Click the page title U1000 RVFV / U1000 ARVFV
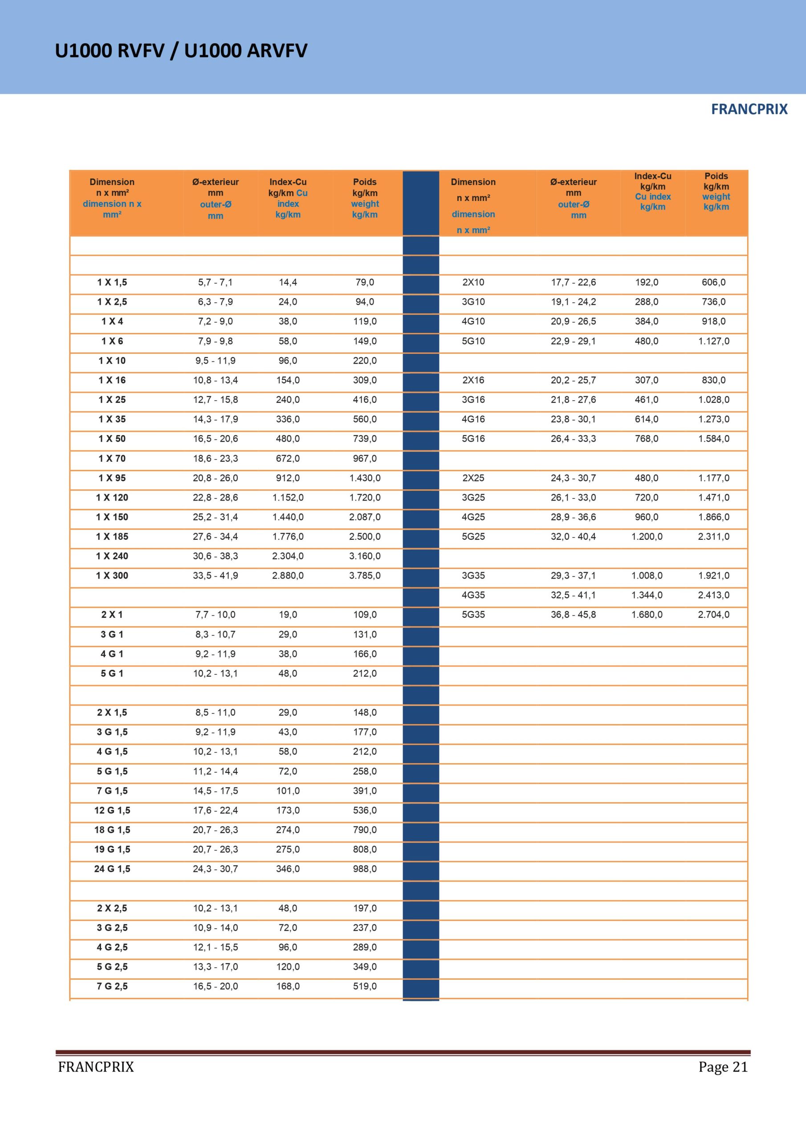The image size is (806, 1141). (x=181, y=51)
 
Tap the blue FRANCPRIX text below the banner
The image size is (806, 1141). (x=749, y=109)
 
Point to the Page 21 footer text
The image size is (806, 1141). (x=723, y=1067)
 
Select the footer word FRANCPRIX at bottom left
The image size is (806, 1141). (x=96, y=1067)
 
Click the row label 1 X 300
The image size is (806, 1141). (x=112, y=575)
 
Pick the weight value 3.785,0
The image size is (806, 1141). (x=365, y=575)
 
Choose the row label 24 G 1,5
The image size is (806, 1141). (x=112, y=869)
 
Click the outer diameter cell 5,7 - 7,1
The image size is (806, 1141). (x=215, y=282)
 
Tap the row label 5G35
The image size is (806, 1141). (x=473, y=615)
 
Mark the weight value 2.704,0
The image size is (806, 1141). (x=714, y=615)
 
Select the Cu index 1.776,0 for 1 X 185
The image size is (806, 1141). (x=288, y=537)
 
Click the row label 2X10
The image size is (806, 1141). (x=473, y=282)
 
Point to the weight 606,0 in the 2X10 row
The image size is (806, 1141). (x=714, y=282)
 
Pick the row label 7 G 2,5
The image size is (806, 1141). (x=112, y=986)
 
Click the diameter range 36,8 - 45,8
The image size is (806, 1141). (x=573, y=615)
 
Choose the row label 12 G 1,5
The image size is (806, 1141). (x=112, y=810)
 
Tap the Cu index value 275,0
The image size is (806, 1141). (x=288, y=850)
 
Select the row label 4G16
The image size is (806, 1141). (x=473, y=419)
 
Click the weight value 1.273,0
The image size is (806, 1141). (x=714, y=419)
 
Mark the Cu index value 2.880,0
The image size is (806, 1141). (x=288, y=575)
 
